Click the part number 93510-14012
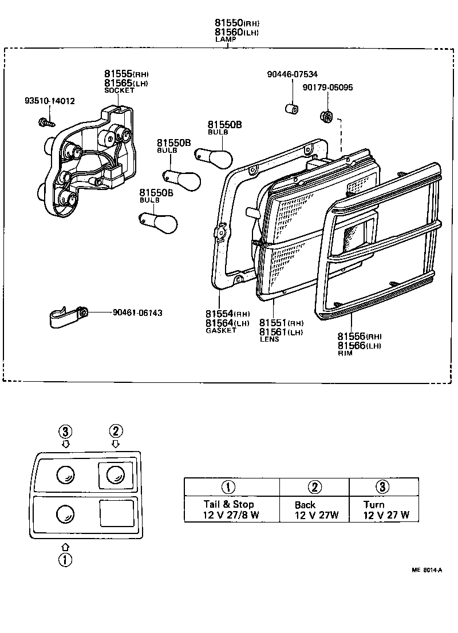(49, 101)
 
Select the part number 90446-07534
(293, 74)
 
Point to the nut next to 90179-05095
(326, 116)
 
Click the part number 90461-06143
(137, 312)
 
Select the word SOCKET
(119, 90)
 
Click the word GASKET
(220, 330)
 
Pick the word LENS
(269, 339)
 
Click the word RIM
(345, 353)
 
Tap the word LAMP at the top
(226, 39)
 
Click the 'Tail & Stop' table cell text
(228, 504)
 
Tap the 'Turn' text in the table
(374, 504)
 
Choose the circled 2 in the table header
(314, 487)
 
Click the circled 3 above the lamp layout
(66, 431)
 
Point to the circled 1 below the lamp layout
(66, 560)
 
